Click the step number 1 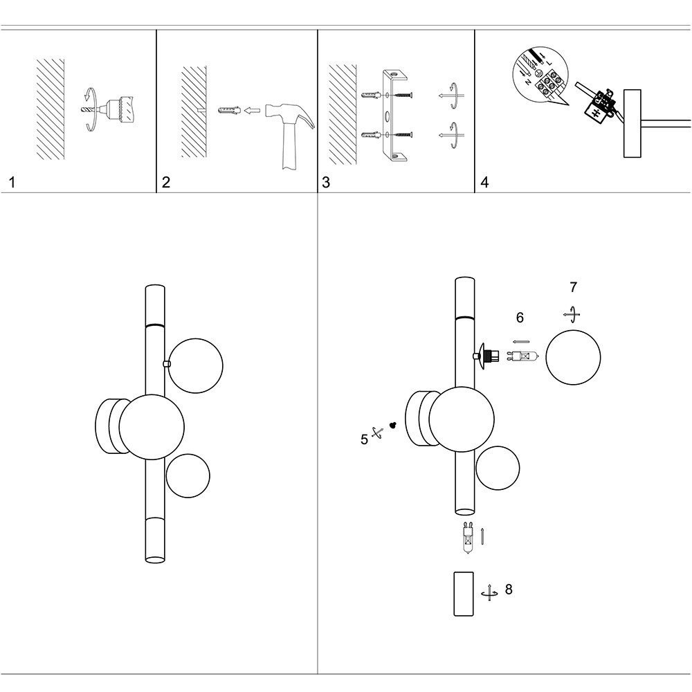[x=12, y=183]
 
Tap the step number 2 [x=166, y=183]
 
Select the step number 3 [x=326, y=183]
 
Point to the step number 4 [x=484, y=183]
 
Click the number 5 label [x=364, y=439]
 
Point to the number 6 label [x=520, y=318]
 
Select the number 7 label [x=572, y=287]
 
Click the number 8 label [x=509, y=590]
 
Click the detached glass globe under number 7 [x=572, y=358]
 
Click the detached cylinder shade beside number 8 [x=463, y=593]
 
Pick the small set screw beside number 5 [x=392, y=426]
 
